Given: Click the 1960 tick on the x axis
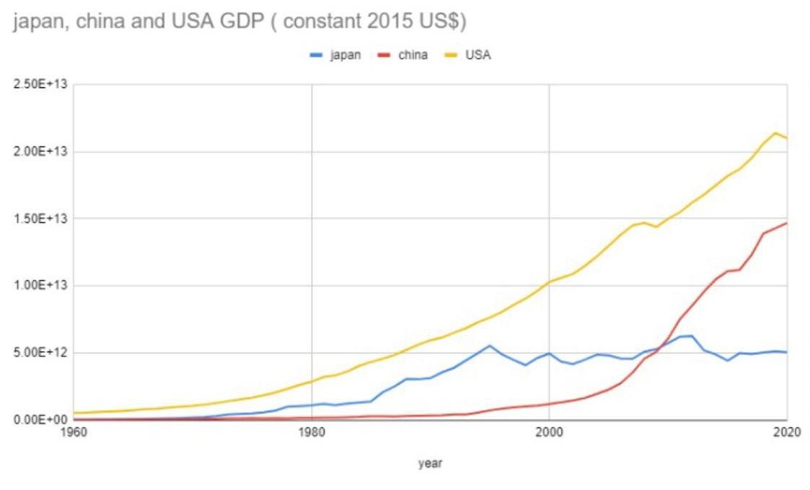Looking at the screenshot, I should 73,433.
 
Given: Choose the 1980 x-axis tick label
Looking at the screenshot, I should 311,433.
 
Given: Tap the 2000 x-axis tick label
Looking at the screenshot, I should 549,433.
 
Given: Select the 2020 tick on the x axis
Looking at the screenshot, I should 785,433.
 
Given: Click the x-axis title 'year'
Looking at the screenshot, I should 430,463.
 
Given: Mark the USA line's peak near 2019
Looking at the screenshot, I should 775,133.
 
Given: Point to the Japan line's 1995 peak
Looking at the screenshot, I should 490,346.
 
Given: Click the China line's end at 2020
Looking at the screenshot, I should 787,223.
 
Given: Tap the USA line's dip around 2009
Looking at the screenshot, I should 656,227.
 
